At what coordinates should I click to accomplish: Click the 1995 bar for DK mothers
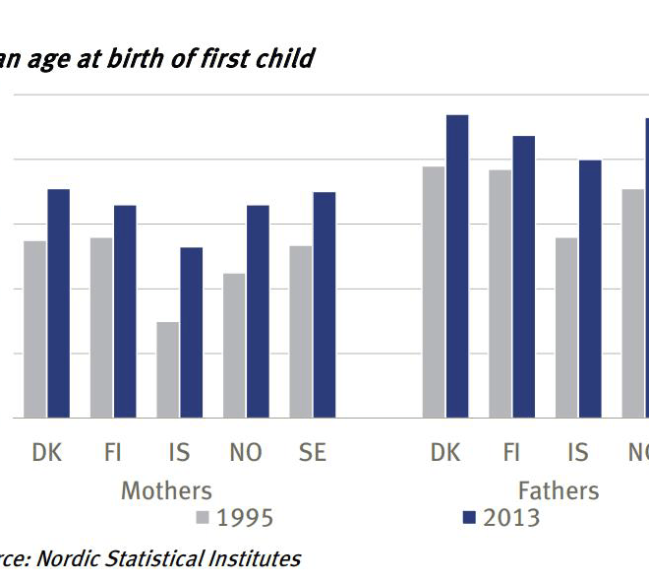coord(35,329)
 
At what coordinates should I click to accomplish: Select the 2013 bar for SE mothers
coord(324,304)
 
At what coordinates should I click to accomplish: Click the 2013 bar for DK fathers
coord(457,266)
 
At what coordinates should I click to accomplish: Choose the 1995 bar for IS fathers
coord(566,327)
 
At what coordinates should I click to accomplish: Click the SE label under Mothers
coord(312,453)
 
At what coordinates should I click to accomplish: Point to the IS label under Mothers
coord(179,453)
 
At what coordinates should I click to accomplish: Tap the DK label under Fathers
coord(445,453)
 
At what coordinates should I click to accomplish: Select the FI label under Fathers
coord(511,453)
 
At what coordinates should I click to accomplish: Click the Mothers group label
coord(166,490)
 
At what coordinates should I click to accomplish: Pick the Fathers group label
coord(559,490)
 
